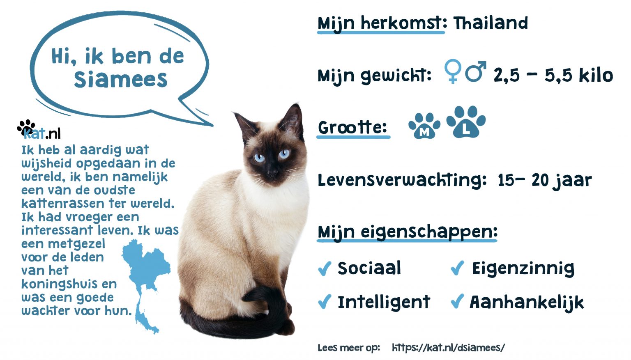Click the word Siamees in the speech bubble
click(x=121, y=79)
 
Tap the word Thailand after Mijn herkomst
click(x=491, y=23)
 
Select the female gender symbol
click(x=453, y=71)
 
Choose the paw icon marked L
click(x=466, y=122)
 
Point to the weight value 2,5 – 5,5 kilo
click(x=553, y=76)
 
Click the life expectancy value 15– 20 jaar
click(x=544, y=180)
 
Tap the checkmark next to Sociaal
click(x=324, y=268)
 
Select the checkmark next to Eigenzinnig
click(x=457, y=268)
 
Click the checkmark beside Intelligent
click(x=324, y=303)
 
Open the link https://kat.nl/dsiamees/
click(x=448, y=348)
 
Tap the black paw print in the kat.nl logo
click(x=26, y=126)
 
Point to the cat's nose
click(x=272, y=172)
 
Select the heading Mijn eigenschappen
click(x=407, y=232)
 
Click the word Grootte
click(x=352, y=127)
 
